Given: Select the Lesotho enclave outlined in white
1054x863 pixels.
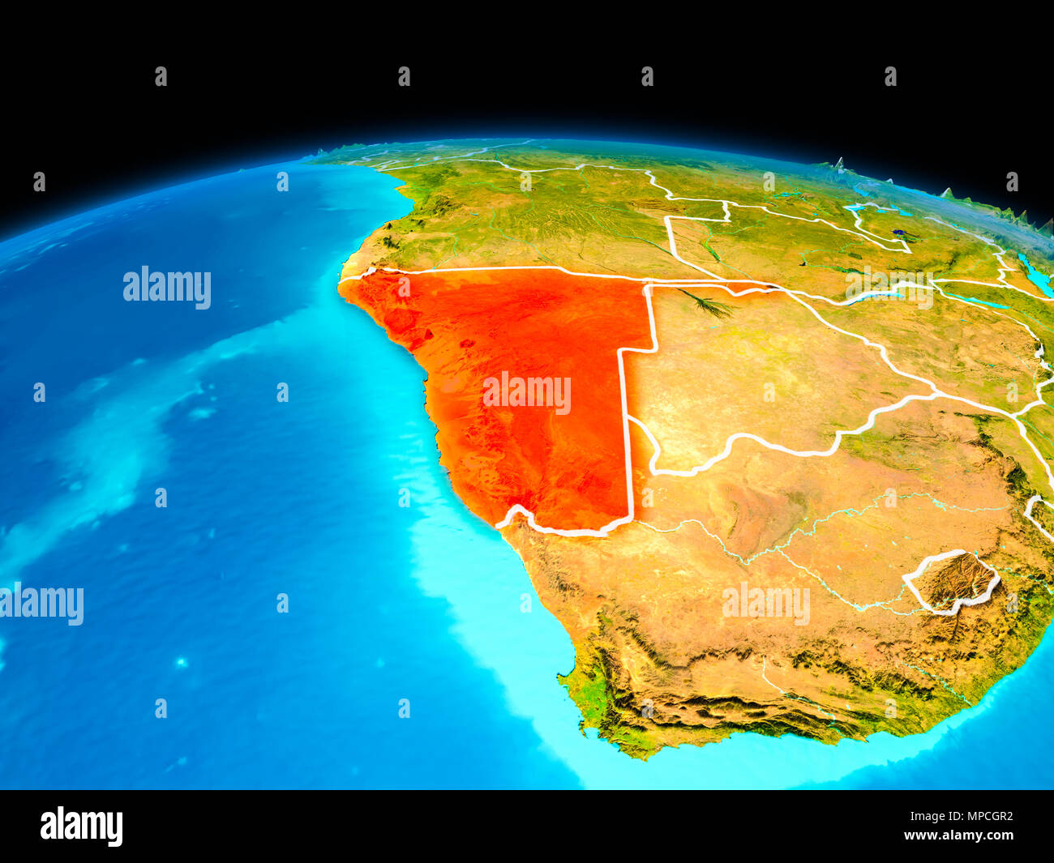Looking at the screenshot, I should (x=953, y=582).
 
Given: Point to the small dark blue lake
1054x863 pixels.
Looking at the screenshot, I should (x=898, y=233).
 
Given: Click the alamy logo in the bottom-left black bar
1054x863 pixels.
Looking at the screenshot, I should (x=81, y=826).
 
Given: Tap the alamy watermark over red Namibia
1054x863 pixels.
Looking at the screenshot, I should (x=526, y=393).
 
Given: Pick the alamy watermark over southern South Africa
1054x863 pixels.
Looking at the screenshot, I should (x=765, y=604).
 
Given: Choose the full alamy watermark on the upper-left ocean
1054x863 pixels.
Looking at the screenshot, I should (x=167, y=287).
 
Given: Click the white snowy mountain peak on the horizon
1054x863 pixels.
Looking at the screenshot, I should (x=839, y=164).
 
